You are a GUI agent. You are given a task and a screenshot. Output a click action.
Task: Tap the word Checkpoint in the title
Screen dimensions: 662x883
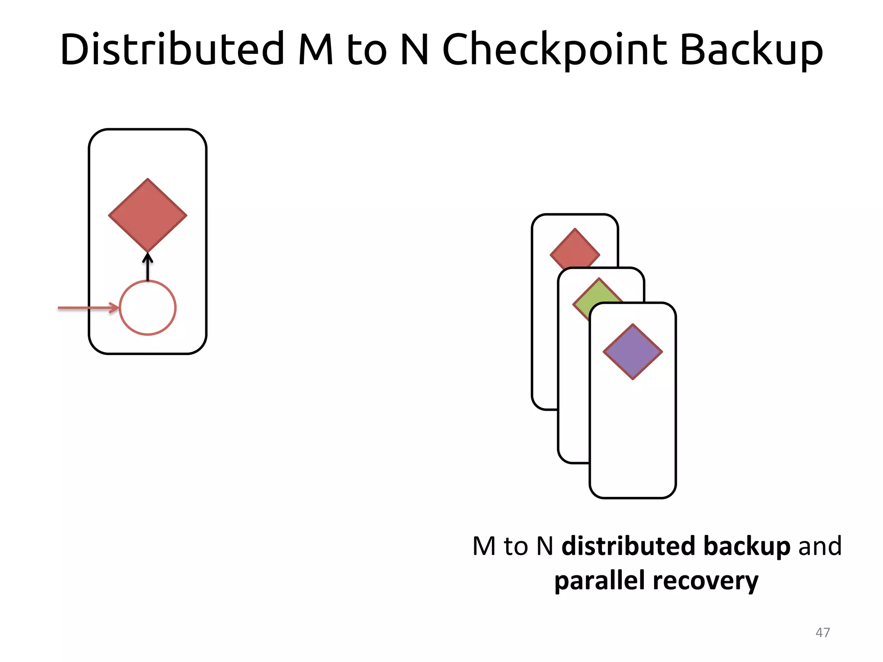coord(555,50)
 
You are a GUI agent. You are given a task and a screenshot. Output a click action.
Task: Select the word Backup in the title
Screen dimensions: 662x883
coord(751,50)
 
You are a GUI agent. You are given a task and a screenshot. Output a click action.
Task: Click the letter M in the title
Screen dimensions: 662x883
coord(316,50)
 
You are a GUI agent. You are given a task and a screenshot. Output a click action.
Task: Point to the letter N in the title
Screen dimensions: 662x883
coord(414,50)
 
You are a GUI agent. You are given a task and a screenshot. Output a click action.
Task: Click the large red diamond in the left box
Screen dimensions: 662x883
coord(147,215)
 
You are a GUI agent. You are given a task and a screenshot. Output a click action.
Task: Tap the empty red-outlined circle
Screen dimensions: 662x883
coord(147,308)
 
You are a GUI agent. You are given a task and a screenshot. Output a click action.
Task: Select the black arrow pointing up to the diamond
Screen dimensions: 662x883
coord(147,267)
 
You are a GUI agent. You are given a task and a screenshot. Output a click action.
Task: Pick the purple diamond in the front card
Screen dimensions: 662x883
coord(633,352)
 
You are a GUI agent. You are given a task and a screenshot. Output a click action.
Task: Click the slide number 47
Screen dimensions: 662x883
coord(823,632)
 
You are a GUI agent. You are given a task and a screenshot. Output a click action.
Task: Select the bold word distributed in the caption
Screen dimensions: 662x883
coord(629,546)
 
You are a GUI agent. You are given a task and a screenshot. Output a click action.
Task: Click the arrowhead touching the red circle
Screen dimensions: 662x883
coord(115,308)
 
